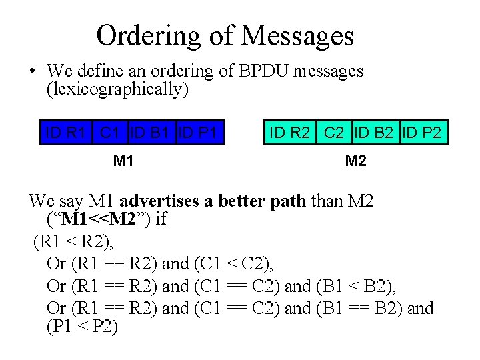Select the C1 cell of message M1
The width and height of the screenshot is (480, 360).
[113, 133]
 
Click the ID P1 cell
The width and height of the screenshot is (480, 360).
[199, 133]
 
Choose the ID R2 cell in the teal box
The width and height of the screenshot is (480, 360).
[290, 133]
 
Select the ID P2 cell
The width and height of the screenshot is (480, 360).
[423, 133]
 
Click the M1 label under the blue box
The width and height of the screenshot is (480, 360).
[123, 161]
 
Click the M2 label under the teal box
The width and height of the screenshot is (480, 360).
[355, 161]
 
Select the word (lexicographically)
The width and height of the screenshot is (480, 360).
[117, 89]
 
